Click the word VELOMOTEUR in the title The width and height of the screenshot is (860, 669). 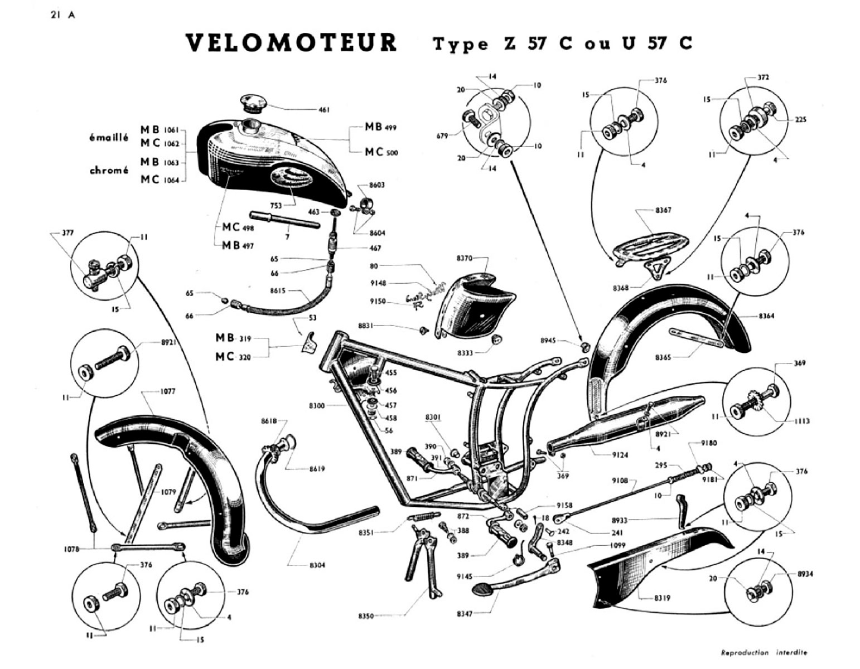pos(291,43)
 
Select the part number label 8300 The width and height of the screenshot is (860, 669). pos(317,406)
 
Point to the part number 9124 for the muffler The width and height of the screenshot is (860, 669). pos(620,455)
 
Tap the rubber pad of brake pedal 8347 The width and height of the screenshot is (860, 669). pos(483,589)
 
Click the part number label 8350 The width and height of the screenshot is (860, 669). pos(366,616)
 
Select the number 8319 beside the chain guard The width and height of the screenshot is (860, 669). pos(663,599)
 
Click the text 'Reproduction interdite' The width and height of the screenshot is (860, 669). pos(764,652)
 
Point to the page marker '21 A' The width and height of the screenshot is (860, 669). pos(62,15)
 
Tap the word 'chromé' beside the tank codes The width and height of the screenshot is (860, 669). pos(109,171)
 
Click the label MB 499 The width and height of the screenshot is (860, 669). pos(381,127)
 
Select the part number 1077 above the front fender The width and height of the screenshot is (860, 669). pos(167,392)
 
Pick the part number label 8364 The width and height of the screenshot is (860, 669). pos(765,316)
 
